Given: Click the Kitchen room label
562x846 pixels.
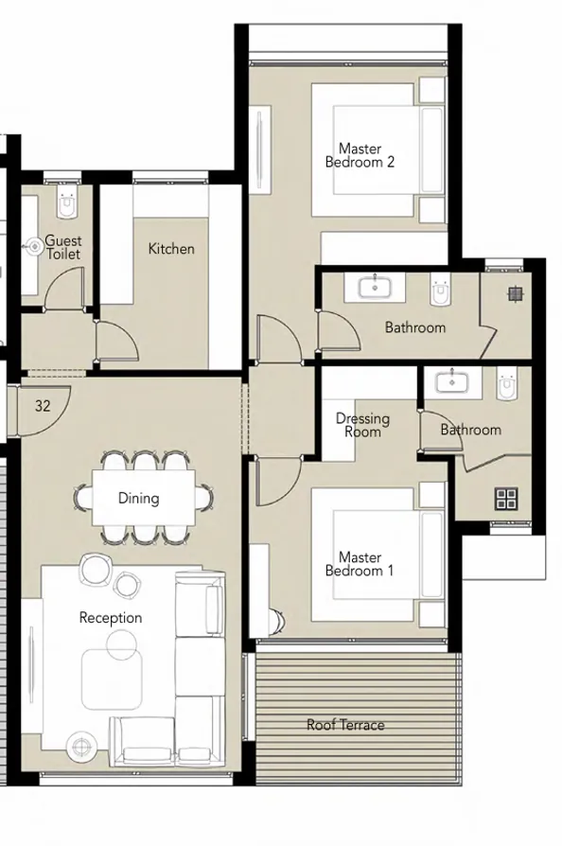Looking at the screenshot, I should point(171,249).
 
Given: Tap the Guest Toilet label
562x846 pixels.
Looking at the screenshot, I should point(62,248).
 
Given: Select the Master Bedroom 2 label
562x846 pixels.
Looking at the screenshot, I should point(360,155).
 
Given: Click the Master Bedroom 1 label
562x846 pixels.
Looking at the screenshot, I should point(360,564).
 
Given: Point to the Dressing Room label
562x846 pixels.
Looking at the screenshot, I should point(362,425).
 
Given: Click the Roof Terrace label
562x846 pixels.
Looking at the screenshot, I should point(345,725).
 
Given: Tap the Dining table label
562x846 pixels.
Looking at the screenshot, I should point(138,498).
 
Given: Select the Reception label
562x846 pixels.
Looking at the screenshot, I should point(111,618).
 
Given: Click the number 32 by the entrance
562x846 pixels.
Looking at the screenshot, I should point(43,406).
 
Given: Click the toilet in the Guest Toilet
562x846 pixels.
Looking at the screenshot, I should point(64,203).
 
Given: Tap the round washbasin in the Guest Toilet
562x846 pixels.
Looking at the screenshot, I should point(34,246).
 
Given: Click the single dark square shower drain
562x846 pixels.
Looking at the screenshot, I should point(515,294).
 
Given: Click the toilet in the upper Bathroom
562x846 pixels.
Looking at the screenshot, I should point(441,292).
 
